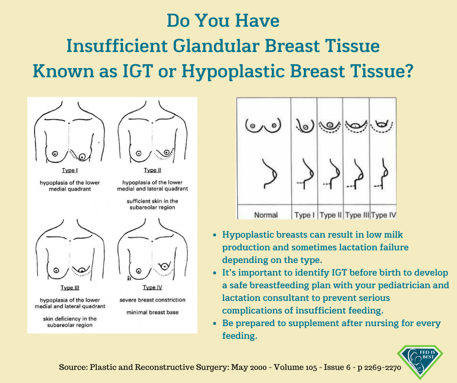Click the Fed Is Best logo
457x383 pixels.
pyautogui.click(x=420, y=361)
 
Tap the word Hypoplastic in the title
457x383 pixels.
pyautogui.click(x=232, y=71)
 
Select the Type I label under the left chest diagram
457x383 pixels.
pyautogui.click(x=70, y=170)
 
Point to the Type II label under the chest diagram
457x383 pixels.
pyautogui.click(x=153, y=170)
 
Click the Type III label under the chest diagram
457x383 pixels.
pyautogui.click(x=70, y=287)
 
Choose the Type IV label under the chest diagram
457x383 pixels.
pyautogui.click(x=153, y=287)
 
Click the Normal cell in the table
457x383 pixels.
pyautogui.click(x=266, y=215)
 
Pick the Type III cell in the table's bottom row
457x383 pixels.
pyautogui.click(x=357, y=215)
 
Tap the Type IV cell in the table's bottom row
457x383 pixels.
pyautogui.click(x=383, y=215)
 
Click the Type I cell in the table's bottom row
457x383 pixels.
pyautogui.click(x=304, y=215)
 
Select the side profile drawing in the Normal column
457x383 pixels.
pyautogui.click(x=270, y=174)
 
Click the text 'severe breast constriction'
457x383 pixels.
pyautogui.click(x=153, y=300)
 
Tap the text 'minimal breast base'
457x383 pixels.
pyautogui.click(x=153, y=313)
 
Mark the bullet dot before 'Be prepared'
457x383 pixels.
pyautogui.click(x=215, y=323)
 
